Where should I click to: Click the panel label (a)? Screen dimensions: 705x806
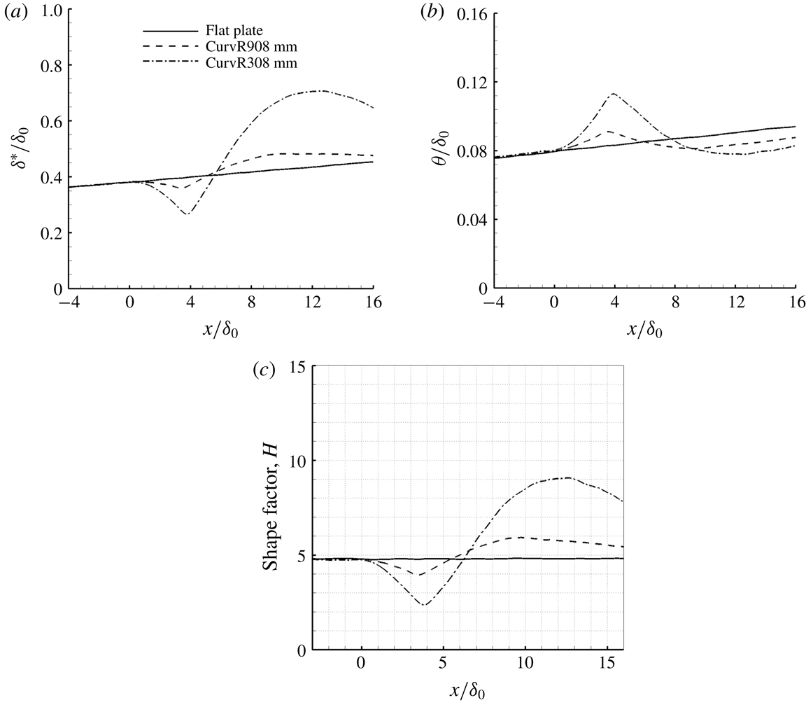point(13,11)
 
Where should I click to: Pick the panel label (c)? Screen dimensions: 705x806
point(264,372)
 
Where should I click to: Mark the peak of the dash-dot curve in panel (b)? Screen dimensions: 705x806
point(614,93)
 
